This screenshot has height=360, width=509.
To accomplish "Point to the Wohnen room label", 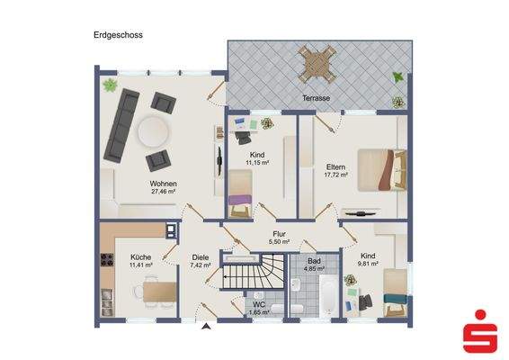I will (x=164, y=183).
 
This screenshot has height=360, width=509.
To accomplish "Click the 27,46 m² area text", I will (x=164, y=192).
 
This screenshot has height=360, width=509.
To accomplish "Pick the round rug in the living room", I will (x=155, y=133).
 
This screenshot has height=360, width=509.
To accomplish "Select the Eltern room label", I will (x=326, y=166).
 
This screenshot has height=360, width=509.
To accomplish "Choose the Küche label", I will (x=140, y=256).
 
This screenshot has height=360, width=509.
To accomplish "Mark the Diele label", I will (x=200, y=257).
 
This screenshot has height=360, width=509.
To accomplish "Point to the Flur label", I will (x=280, y=234).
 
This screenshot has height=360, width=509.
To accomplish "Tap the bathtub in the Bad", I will (x=326, y=294).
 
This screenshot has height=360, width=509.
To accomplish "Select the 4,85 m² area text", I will (x=314, y=269).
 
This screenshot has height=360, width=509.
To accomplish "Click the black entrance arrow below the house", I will (x=207, y=327).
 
